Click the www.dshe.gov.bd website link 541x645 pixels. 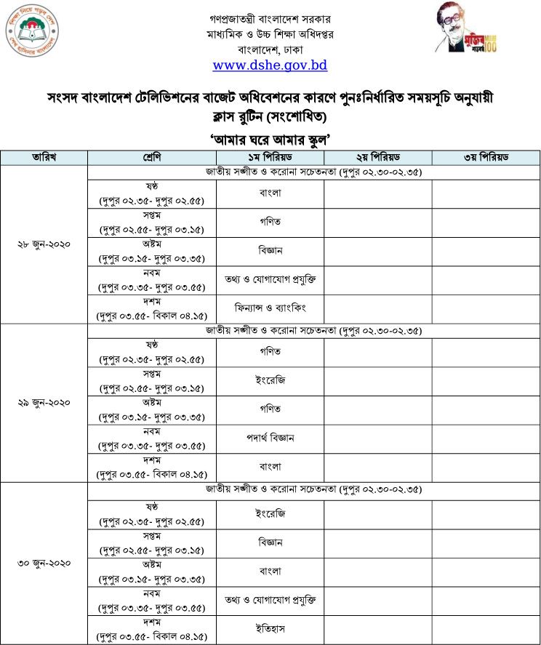[x=270, y=65]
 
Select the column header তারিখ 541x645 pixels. [x=44, y=158]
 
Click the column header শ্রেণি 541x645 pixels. [x=151, y=158]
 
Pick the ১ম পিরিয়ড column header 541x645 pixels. [x=270, y=158]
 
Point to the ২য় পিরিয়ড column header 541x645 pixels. [x=378, y=158]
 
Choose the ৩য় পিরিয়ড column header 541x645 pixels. [x=486, y=158]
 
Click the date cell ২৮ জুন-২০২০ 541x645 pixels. [x=44, y=244]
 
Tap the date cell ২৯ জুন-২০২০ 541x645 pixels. [x=44, y=401]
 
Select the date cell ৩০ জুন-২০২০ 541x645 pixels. [x=44, y=563]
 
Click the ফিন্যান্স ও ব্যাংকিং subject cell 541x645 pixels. [x=270, y=308]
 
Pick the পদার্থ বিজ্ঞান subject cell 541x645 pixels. [x=270, y=438]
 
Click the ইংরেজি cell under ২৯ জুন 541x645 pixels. [x=270, y=380]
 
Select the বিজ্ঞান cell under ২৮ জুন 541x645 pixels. [x=270, y=250]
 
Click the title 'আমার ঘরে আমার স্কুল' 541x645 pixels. [x=270, y=140]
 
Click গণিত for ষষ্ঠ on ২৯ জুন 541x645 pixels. [x=270, y=351]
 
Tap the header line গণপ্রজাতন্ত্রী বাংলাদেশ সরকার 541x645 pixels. [x=270, y=17]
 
